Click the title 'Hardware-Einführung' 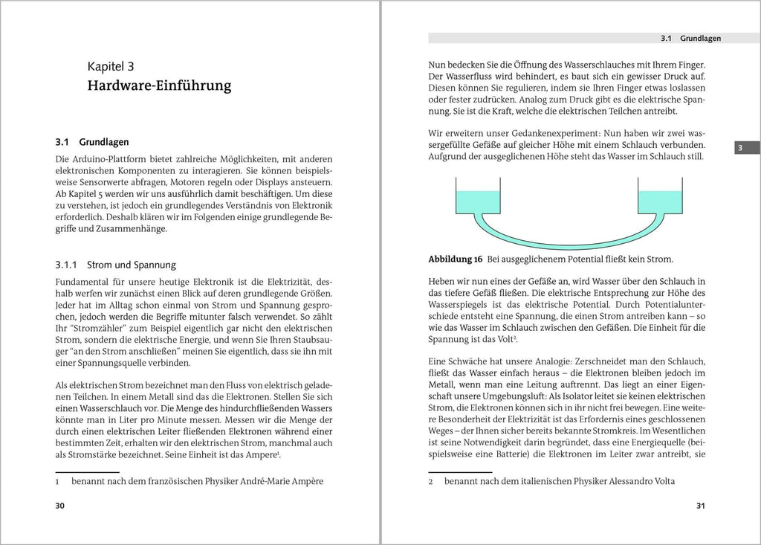pos(159,86)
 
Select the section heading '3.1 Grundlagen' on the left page pos(92,141)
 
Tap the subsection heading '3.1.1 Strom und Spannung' pos(115,264)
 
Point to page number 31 pos(699,506)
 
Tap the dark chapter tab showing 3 pos(739,148)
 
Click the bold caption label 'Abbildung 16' pos(456,259)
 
